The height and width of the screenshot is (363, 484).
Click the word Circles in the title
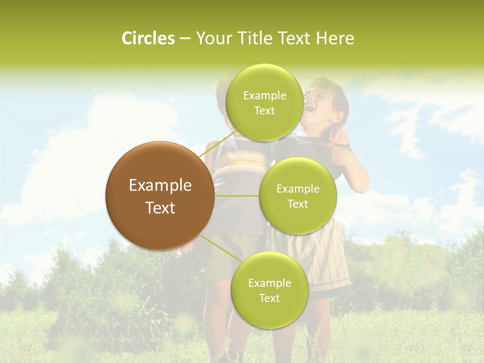(x=148, y=38)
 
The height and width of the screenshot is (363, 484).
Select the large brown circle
(x=160, y=196)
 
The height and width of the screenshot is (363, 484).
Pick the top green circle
(x=264, y=102)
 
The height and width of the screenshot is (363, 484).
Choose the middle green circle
(x=297, y=196)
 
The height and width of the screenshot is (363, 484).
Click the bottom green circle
(x=269, y=290)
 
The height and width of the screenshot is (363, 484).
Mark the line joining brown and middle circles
(x=237, y=196)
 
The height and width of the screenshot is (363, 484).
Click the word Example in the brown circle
(x=160, y=185)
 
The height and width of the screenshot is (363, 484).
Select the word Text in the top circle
(x=264, y=110)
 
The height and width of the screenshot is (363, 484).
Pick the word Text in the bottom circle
(x=269, y=298)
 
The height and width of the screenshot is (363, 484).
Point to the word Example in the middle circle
(x=297, y=189)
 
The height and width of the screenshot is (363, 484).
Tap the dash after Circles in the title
(x=185, y=38)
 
